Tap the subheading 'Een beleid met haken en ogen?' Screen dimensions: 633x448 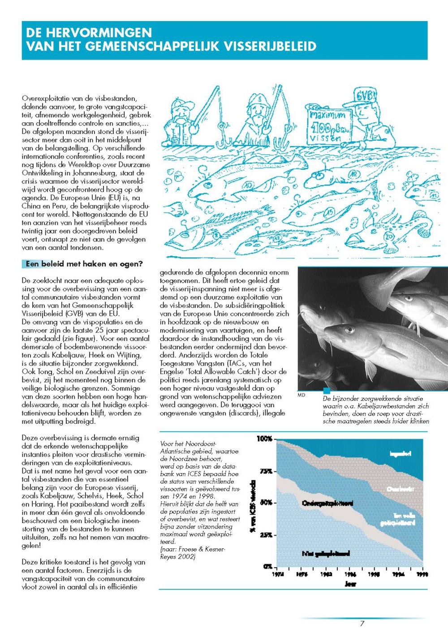click(x=84, y=264)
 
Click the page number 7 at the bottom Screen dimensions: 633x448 click(x=362, y=623)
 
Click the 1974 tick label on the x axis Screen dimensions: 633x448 click(x=278, y=574)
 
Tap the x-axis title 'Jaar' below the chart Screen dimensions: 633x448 click(x=350, y=584)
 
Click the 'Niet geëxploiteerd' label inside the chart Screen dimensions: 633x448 click(x=326, y=554)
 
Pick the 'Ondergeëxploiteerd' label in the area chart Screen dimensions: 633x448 click(x=327, y=503)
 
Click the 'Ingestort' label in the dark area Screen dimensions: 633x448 click(x=400, y=454)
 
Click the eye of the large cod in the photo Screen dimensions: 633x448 click(x=349, y=331)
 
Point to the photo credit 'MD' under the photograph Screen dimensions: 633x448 click(x=301, y=395)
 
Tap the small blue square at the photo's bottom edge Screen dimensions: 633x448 click(x=327, y=391)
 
